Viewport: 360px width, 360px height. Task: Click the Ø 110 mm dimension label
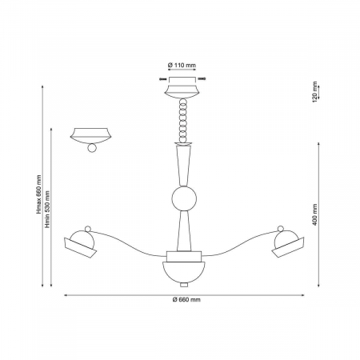pyautogui.click(x=182, y=65)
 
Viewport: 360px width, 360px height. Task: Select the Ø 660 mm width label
pyautogui.click(x=186, y=300)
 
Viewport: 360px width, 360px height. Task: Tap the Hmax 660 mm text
pyautogui.click(x=39, y=194)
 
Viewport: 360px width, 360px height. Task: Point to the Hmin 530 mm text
pyautogui.click(x=47, y=210)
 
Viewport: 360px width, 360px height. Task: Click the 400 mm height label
pyautogui.click(x=315, y=214)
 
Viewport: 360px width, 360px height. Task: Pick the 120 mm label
pyautogui.click(x=315, y=92)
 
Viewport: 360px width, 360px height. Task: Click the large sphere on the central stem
pyautogui.click(x=184, y=199)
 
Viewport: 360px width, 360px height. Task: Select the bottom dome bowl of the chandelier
pyautogui.click(x=184, y=272)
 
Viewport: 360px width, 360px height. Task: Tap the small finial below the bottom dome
pyautogui.click(x=184, y=285)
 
